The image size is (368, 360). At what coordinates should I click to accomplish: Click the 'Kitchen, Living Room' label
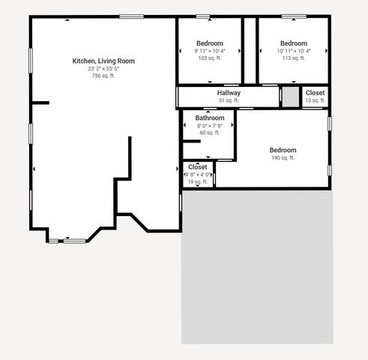tap(103, 61)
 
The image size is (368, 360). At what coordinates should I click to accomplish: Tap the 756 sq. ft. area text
tap(103, 76)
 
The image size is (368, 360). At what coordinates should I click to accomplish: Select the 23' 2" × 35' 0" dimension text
tap(103, 68)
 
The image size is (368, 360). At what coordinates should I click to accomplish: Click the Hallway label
tap(229, 93)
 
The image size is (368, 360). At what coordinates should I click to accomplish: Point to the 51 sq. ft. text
tap(229, 100)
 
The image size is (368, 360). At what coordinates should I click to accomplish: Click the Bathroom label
tap(210, 118)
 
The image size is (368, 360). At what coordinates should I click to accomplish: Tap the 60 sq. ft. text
tap(210, 133)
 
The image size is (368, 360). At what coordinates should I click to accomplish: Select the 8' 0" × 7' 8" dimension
tap(210, 126)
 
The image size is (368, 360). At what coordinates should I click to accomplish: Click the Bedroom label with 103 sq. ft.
tap(210, 43)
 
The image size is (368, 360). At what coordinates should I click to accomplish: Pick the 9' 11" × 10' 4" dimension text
tap(210, 51)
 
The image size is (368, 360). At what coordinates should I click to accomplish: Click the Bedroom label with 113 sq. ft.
tap(294, 43)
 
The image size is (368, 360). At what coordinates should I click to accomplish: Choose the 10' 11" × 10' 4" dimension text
tap(294, 51)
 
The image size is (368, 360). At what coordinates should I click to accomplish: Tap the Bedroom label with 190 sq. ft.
tap(283, 150)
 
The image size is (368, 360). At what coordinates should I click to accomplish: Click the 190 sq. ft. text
tap(283, 158)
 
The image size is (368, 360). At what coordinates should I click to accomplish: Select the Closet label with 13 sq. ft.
tap(315, 93)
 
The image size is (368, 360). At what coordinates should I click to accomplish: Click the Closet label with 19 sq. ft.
tap(198, 167)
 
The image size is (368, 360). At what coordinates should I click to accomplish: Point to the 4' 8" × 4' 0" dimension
tap(199, 175)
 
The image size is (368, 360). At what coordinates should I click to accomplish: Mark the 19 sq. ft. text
tap(198, 182)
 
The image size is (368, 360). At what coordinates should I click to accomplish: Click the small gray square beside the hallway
tap(289, 97)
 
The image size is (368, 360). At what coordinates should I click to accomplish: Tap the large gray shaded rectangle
tap(257, 266)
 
